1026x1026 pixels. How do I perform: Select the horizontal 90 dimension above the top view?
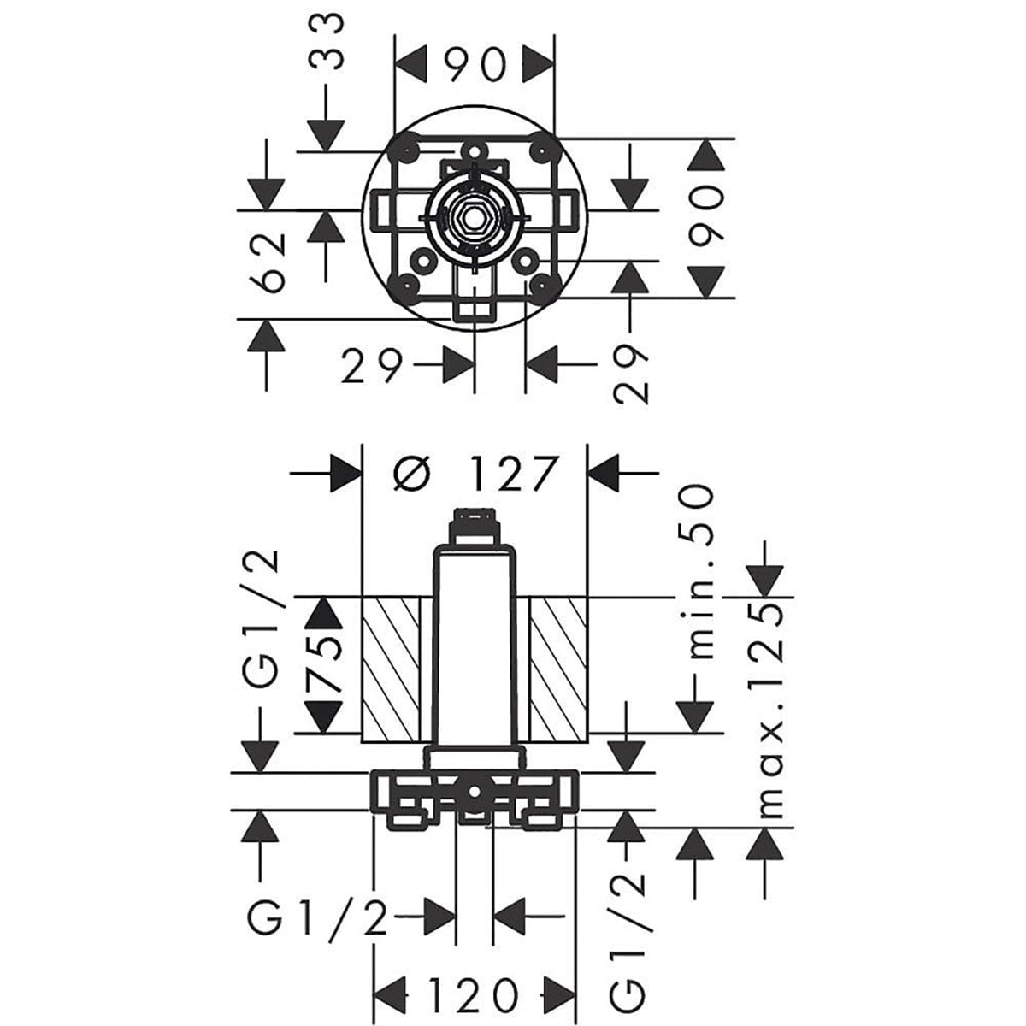point(475,66)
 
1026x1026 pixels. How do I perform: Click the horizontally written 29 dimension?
point(371,369)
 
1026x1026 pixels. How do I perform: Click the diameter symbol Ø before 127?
point(414,474)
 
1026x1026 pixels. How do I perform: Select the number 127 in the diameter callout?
point(513,474)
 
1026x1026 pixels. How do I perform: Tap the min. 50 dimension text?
point(699,571)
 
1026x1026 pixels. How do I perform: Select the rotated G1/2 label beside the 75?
point(262,619)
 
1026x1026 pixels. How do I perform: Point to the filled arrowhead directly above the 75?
point(323,613)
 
